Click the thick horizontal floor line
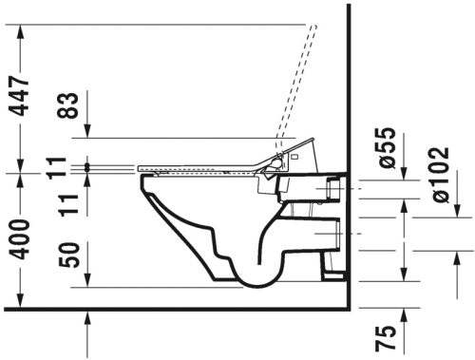[171, 308]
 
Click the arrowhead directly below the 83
[87, 156]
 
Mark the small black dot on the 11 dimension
[87, 168]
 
